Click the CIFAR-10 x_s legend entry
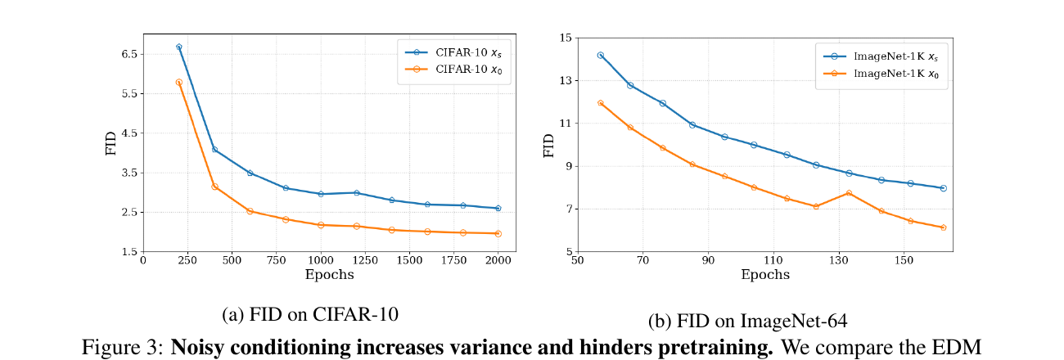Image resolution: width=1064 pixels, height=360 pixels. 453,52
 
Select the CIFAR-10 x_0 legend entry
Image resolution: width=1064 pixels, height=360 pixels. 453,70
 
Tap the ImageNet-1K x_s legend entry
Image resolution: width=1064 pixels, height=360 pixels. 881,56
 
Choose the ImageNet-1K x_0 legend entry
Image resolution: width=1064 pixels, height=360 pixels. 881,74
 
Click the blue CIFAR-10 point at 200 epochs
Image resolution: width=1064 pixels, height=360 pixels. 179,47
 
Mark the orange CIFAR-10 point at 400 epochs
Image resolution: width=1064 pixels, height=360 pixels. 214,187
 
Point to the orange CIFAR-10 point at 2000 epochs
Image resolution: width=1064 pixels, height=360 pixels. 498,234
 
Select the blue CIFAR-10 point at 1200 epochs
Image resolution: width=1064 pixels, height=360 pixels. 357,193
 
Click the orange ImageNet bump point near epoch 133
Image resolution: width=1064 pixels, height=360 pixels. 849,193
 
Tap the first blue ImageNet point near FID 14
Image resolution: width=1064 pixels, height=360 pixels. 601,55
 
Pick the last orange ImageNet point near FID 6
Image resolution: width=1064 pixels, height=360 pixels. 944,227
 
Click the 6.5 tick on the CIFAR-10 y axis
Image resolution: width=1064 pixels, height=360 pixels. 129,54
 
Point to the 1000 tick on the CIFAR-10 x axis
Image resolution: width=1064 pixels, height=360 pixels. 321,260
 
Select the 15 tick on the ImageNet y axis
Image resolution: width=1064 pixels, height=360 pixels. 566,38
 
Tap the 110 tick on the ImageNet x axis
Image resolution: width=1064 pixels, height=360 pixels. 773,260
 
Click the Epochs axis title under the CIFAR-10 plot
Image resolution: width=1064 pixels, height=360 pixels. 330,275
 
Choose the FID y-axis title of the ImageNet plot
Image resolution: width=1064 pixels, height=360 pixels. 549,146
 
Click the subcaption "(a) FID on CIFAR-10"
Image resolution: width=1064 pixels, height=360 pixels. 310,314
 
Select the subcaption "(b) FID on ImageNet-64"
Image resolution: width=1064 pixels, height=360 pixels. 747,321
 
